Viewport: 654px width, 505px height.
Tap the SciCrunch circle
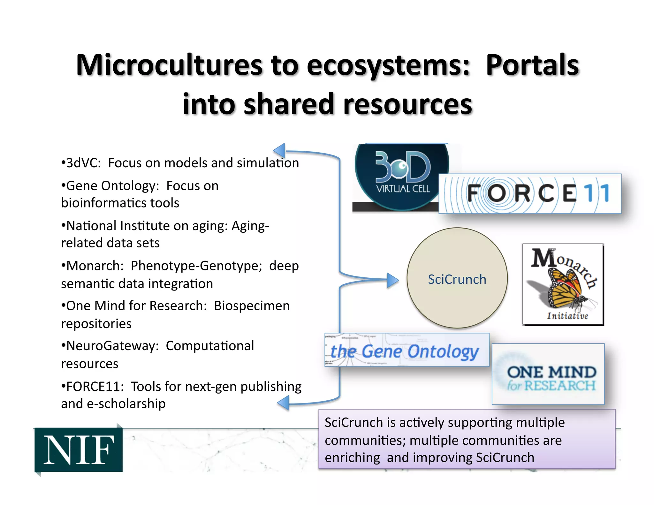[x=457, y=278]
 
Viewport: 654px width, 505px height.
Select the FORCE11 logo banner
[x=530, y=194]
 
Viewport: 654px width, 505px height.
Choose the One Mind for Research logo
[x=548, y=374]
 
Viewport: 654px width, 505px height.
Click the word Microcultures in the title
[x=170, y=65]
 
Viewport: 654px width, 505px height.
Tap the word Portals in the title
[x=532, y=65]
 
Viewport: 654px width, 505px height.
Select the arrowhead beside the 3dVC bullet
[x=279, y=150]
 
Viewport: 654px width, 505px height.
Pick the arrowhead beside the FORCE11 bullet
[x=284, y=403]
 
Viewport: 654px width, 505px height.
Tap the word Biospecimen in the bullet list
[x=252, y=306]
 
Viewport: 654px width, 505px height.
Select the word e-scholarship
[x=126, y=404]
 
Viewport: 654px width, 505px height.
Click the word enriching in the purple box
[x=352, y=458]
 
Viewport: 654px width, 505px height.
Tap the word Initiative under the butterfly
[x=567, y=316]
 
